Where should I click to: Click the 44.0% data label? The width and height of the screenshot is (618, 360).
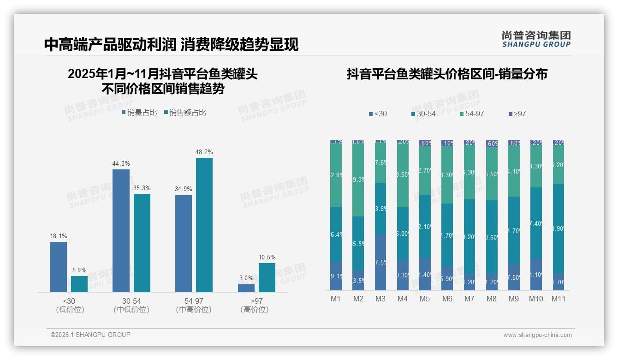pyautogui.click(x=121, y=163)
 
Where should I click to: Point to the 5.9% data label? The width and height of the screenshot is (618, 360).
pyautogui.click(x=79, y=270)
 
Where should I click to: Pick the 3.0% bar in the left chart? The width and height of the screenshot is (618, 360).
pyautogui.click(x=246, y=288)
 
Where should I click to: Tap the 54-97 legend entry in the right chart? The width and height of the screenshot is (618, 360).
pyautogui.click(x=471, y=114)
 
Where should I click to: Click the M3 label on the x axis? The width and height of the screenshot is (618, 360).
pyautogui.click(x=380, y=299)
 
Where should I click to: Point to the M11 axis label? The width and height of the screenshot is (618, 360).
pyautogui.click(x=559, y=299)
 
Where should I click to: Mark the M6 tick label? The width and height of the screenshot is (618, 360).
pyautogui.click(x=447, y=299)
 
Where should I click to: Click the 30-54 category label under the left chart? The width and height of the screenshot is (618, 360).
pyautogui.click(x=131, y=301)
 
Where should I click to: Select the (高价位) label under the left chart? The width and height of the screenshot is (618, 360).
pyautogui.click(x=254, y=310)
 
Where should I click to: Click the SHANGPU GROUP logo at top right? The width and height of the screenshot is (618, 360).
pyautogui.click(x=536, y=39)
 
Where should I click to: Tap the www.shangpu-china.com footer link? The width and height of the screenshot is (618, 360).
pyautogui.click(x=537, y=335)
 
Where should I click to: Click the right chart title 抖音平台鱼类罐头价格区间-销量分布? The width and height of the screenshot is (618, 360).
pyautogui.click(x=447, y=74)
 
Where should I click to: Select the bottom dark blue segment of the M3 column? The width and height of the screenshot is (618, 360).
pyautogui.click(x=380, y=262)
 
